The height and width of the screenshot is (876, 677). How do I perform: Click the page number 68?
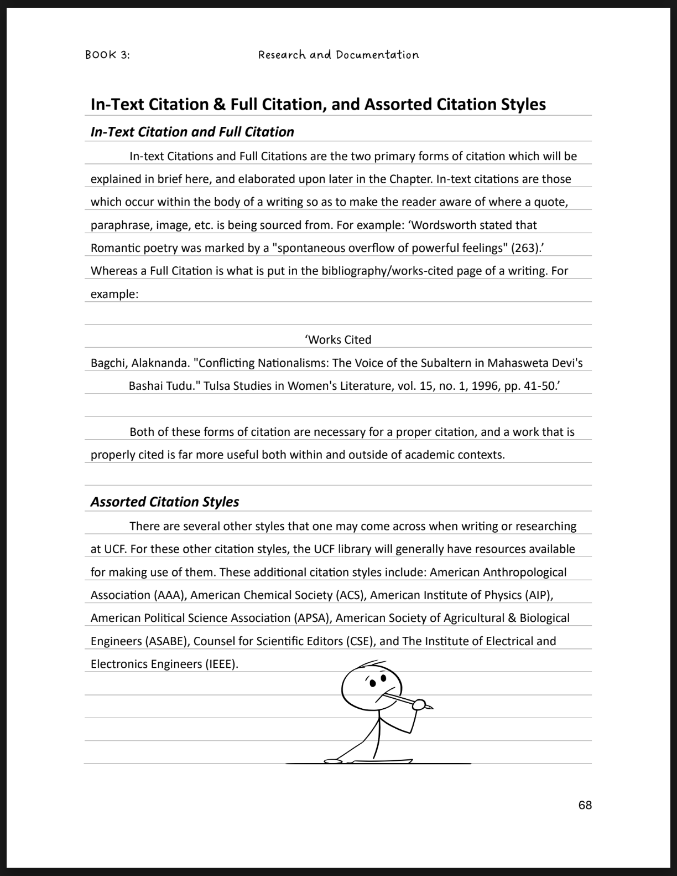585,805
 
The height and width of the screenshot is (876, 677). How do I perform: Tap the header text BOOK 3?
107,55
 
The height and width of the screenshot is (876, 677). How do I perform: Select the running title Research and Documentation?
338,55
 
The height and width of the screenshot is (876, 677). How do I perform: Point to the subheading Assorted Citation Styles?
165,502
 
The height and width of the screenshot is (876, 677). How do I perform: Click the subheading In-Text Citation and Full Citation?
192,132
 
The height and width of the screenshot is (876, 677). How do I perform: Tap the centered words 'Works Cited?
338,339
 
